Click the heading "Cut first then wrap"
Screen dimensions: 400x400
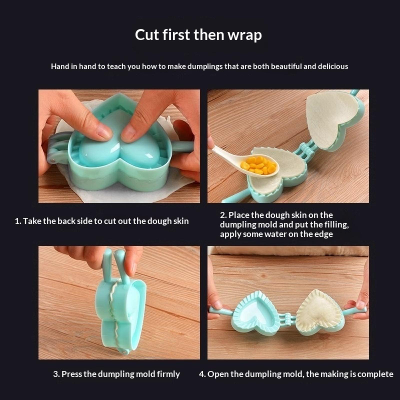198,35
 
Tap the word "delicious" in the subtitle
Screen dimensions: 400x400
333,66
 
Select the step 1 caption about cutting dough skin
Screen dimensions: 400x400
102,221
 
